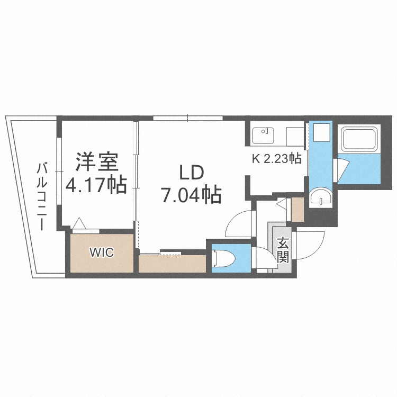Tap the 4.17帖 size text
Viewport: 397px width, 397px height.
(x=96, y=185)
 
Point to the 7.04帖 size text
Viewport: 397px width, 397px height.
(x=191, y=196)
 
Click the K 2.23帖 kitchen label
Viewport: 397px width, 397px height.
(x=276, y=158)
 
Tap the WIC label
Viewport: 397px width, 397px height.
(x=101, y=252)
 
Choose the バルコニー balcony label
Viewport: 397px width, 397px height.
(x=41, y=196)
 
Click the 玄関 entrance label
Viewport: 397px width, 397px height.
(x=283, y=251)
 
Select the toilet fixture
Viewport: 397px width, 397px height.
(x=223, y=258)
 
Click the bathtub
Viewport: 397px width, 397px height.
(x=360, y=140)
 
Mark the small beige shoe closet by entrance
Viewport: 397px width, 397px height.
(x=297, y=210)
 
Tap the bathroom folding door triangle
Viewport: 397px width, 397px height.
(x=341, y=169)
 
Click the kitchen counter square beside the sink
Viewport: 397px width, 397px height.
(x=294, y=136)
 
